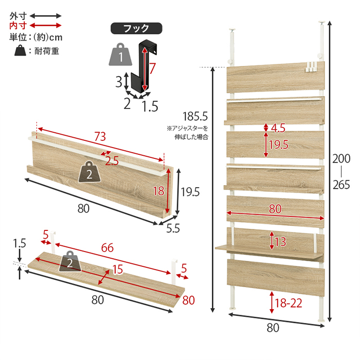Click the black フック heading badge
click(x=136, y=28)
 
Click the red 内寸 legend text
click(x=18, y=26)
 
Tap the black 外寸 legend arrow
click(x=45, y=16)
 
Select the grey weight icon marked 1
click(x=120, y=54)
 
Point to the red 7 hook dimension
click(x=152, y=68)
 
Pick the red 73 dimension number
click(x=100, y=137)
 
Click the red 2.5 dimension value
click(x=112, y=160)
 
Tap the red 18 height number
click(x=158, y=191)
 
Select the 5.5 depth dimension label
click(x=173, y=228)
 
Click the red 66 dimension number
click(x=107, y=248)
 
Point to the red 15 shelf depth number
click(x=118, y=269)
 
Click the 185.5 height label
click(x=195, y=116)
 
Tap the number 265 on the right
click(x=341, y=185)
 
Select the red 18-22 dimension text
click(x=288, y=303)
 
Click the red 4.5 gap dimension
click(x=278, y=128)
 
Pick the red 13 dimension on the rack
click(x=280, y=242)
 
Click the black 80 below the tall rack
click(x=273, y=328)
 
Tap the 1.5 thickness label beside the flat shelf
click(x=20, y=243)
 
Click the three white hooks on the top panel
click(x=312, y=67)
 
